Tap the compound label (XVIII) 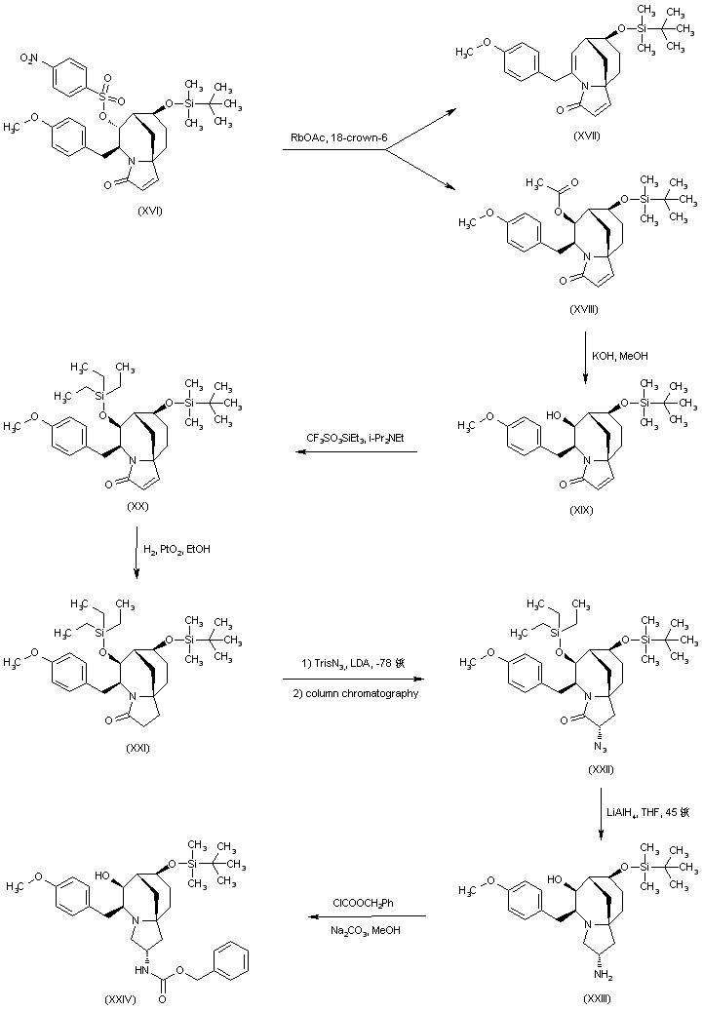586,308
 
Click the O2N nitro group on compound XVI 29,60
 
